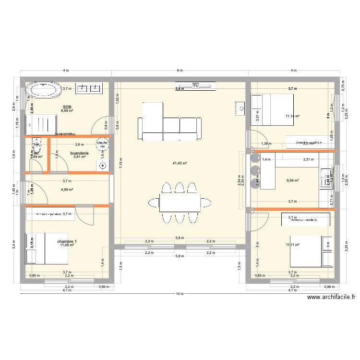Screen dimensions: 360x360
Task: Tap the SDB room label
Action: tap(67, 108)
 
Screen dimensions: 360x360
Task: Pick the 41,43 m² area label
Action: tap(180, 164)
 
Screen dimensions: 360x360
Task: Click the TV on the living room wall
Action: tap(195, 86)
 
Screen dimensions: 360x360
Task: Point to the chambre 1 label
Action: tap(66, 241)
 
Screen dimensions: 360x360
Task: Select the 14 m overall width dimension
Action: tap(180, 294)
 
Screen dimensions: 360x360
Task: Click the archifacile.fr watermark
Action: tap(331, 298)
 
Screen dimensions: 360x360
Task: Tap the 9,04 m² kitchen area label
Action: tap(293, 181)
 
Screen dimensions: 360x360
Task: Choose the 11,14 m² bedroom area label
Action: tap(292, 116)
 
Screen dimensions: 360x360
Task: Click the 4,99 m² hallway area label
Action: tap(67, 190)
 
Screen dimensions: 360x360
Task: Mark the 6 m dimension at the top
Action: tap(180, 71)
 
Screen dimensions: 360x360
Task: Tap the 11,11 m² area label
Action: tap(292, 245)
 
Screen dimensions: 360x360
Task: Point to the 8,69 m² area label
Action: tap(67, 111)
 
